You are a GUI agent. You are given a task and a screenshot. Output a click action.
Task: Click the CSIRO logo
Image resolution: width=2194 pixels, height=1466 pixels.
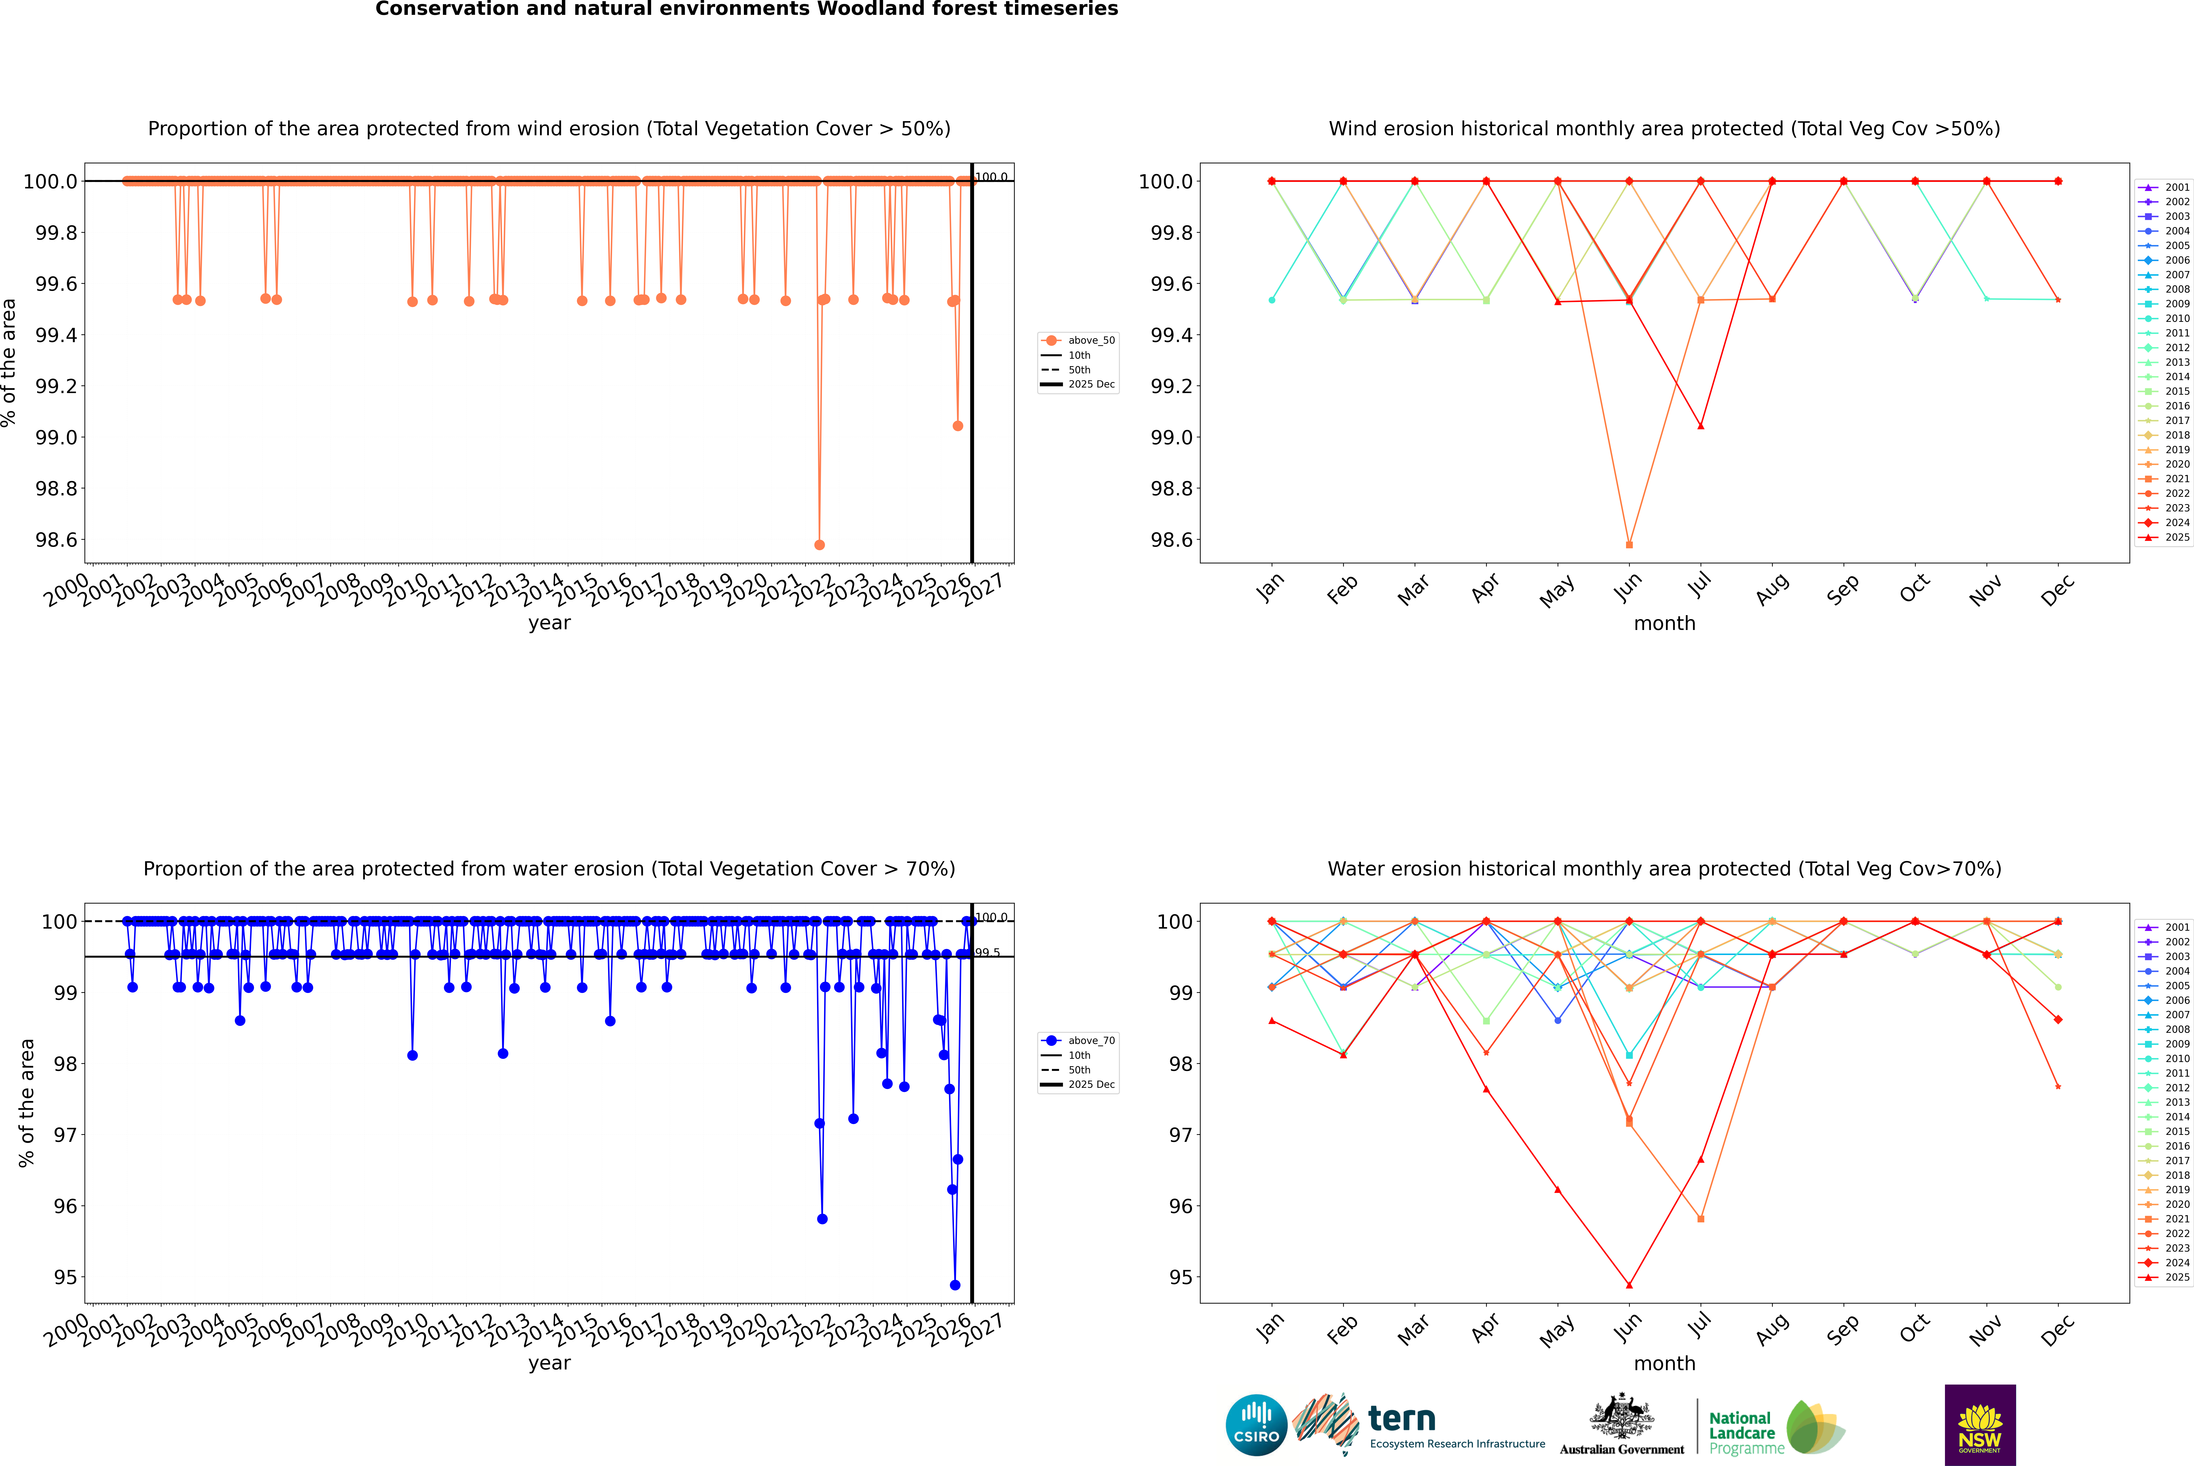1256,1425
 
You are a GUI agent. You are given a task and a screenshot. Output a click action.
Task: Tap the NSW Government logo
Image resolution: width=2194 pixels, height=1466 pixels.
1980,1425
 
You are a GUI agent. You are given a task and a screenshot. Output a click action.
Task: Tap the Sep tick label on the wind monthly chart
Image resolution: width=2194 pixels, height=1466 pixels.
1842,589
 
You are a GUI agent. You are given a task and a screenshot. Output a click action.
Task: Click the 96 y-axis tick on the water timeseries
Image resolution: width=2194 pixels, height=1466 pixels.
65,1206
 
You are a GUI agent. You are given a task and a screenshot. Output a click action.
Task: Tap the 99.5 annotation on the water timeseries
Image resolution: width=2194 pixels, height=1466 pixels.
988,953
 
